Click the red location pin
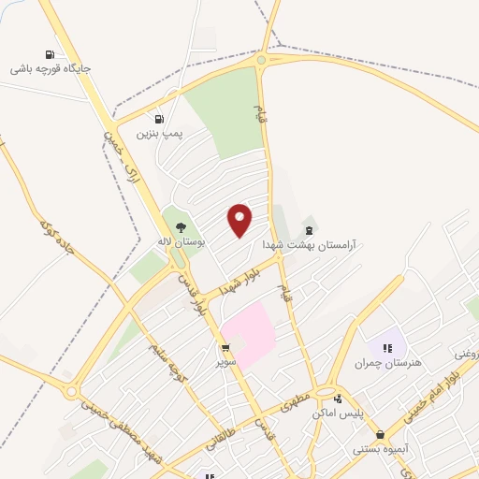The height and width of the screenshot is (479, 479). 240,220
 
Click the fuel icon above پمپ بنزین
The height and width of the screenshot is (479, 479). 158,119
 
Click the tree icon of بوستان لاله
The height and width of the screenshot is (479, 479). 181,226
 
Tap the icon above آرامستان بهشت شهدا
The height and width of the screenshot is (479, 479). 310,229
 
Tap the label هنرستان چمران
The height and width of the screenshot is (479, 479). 386,362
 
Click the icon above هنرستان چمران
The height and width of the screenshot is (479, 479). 387,348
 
